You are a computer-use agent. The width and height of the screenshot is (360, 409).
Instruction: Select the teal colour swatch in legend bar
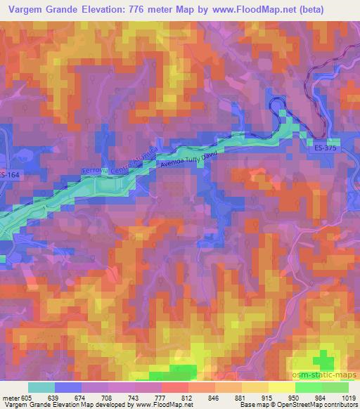(x=41, y=387)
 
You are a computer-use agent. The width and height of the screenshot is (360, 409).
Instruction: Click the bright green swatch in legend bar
(x=308, y=387)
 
